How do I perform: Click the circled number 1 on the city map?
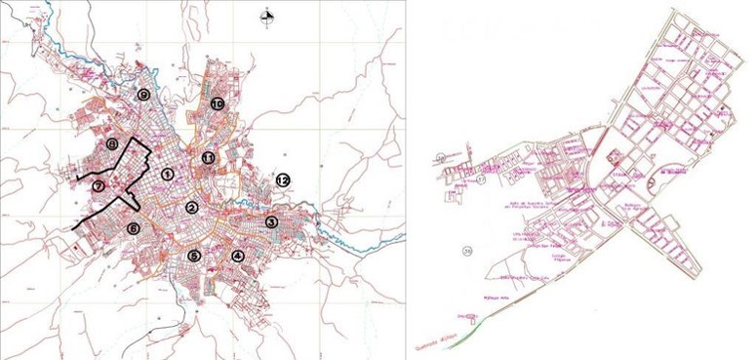pos(168,174)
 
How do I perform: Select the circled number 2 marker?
pos(192,207)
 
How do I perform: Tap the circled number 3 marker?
pos(271,222)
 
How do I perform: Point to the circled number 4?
pos(237,256)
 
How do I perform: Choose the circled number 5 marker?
pos(194,256)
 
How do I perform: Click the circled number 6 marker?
pos(134,228)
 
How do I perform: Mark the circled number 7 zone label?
pos(99,185)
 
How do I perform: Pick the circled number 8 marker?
pos(113,144)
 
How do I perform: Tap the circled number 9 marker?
pos(143,95)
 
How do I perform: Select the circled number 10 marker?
pos(217,102)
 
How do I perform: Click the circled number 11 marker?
pos(208,157)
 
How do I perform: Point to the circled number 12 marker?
pos(283,180)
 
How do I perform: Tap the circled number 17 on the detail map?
pos(481,180)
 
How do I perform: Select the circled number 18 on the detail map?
pos(441,156)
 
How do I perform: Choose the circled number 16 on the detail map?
pos(468,252)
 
